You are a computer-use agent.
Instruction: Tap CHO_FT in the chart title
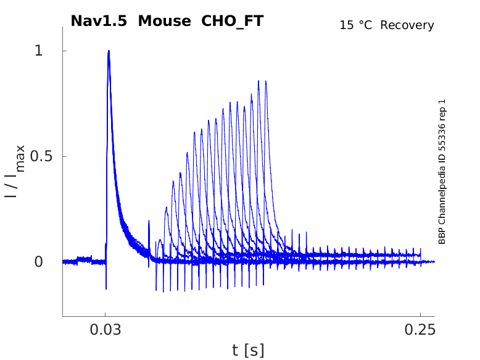coord(232,21)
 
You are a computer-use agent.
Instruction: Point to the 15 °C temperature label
coord(357,25)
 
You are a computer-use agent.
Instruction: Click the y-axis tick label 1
coord(39,51)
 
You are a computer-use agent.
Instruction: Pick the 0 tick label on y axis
coord(39,262)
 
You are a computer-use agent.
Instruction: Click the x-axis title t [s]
coord(248,351)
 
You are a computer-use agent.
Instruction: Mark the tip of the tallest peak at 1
coord(109,51)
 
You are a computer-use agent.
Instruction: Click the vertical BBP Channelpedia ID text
coord(442,172)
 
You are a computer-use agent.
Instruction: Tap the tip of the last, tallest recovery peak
coord(266,81)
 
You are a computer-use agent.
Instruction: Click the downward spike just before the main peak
coord(106,288)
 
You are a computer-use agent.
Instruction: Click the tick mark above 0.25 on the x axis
coord(420,314)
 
